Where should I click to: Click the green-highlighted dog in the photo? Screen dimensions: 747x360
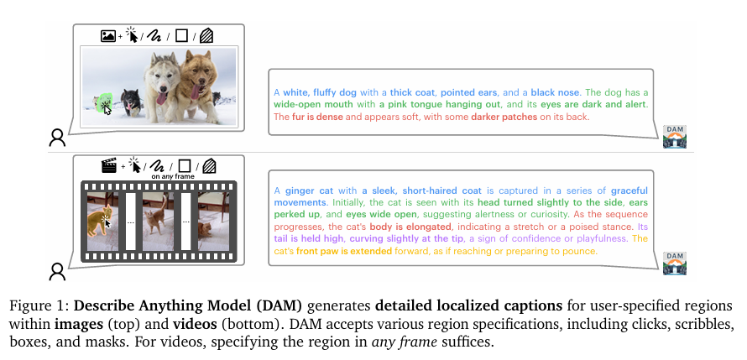click(103, 103)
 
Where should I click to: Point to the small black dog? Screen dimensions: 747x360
click(131, 102)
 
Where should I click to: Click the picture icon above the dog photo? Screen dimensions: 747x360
click(107, 36)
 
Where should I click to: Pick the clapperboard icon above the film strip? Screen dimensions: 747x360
click(108, 165)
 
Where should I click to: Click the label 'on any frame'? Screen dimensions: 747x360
click(168, 177)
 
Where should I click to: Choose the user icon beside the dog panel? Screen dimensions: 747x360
click(57, 138)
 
